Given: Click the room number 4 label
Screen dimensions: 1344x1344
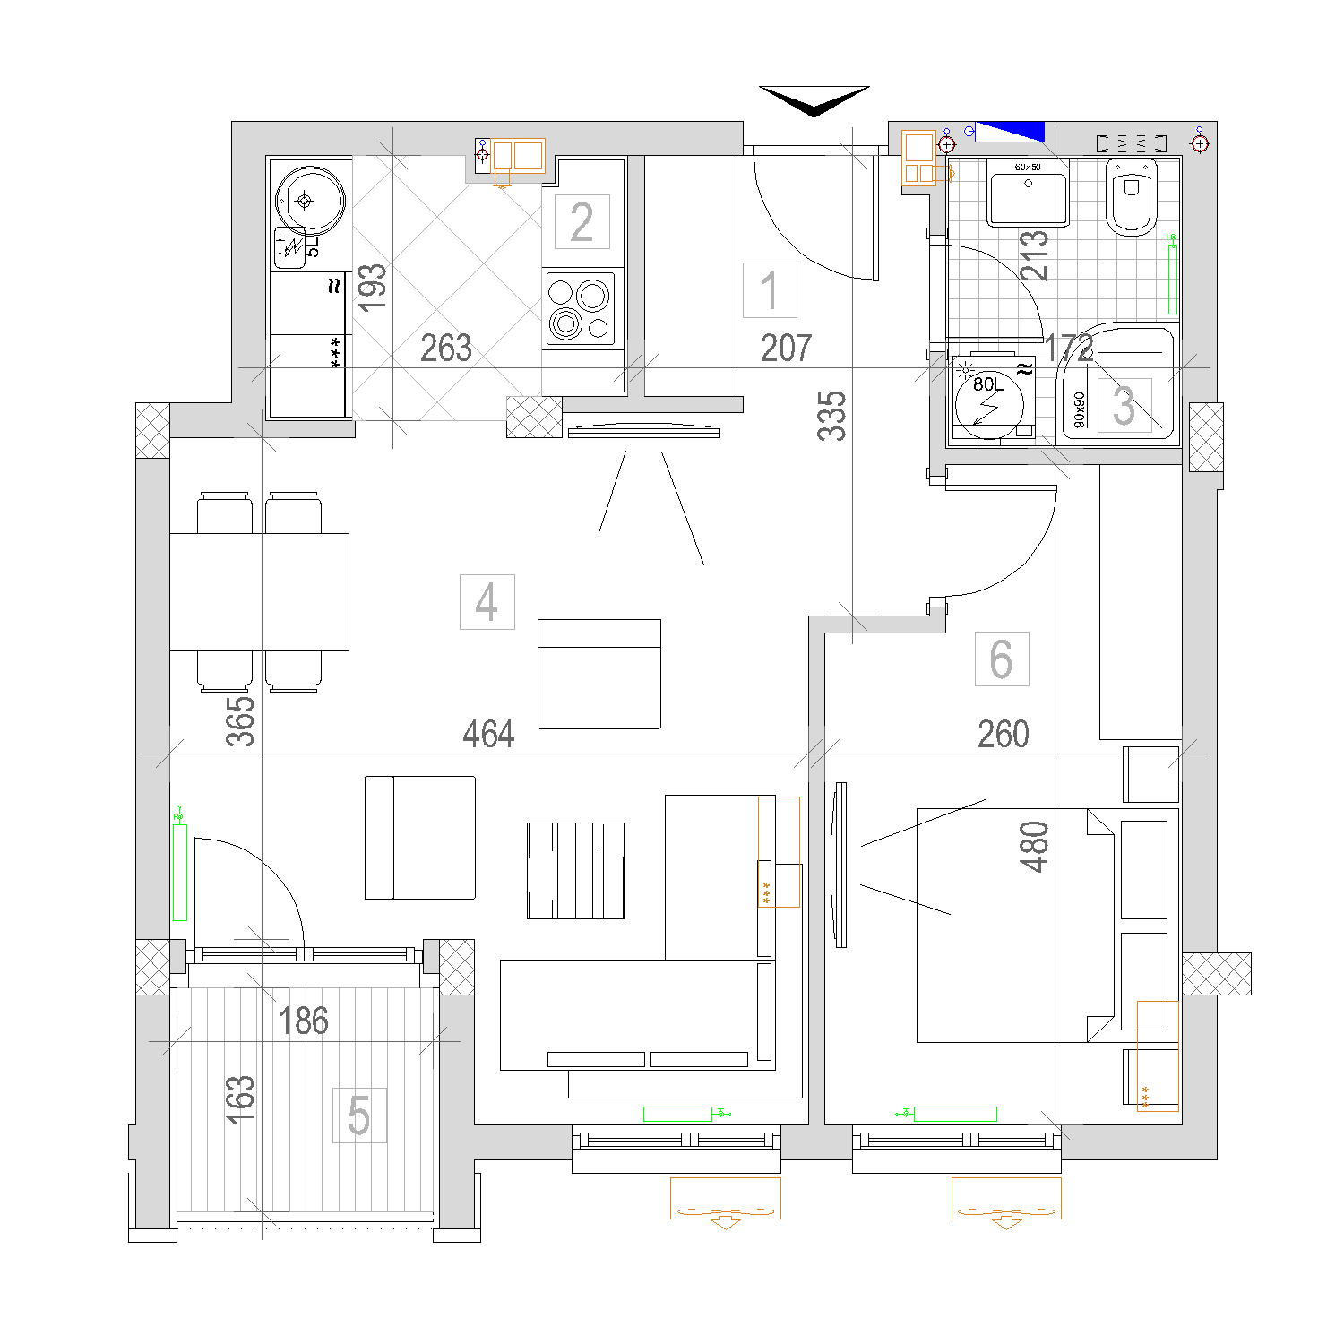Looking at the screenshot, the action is [x=487, y=602].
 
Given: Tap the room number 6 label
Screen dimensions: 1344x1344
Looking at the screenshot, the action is [x=1002, y=659].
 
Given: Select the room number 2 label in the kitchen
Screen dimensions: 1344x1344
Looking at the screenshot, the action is [x=582, y=222].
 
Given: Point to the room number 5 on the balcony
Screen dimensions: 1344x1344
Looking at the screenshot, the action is [x=359, y=1116].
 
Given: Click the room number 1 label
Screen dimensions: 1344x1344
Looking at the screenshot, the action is [x=770, y=290].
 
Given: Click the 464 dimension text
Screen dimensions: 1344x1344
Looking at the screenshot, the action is [x=488, y=735].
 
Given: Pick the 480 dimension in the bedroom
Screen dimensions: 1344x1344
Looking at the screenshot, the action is [x=1035, y=847].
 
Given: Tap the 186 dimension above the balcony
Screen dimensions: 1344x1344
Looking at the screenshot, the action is [x=304, y=1021].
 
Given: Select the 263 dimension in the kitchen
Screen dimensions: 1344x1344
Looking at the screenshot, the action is [x=446, y=349].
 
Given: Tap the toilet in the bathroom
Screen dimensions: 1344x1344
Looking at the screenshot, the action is [x=1132, y=196].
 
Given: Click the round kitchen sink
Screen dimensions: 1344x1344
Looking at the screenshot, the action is [x=309, y=201].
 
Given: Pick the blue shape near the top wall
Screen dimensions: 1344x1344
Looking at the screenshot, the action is [x=1010, y=132].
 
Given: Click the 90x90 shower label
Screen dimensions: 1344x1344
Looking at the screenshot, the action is [x=1079, y=409].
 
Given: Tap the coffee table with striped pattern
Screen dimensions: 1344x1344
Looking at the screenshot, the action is [x=575, y=871].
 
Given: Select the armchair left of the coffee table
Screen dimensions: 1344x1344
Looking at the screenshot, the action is [x=419, y=838].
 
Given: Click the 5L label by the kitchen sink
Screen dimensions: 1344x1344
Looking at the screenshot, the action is [x=312, y=246].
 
